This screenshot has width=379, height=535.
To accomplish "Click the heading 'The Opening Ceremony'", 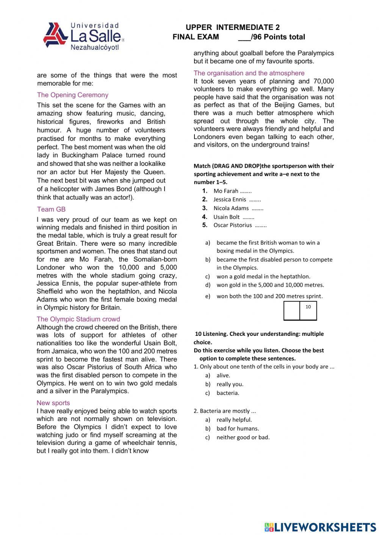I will [x=72, y=95].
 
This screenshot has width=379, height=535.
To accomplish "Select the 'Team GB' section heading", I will [x=51, y=209].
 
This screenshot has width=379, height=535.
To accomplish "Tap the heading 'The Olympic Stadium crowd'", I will [x=78, y=319].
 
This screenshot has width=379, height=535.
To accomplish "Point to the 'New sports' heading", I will [x=53, y=403].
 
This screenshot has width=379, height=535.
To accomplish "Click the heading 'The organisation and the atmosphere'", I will [x=249, y=73].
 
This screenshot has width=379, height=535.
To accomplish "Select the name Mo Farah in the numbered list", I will [x=226, y=191].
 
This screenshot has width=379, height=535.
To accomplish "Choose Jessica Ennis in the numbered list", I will [x=230, y=200].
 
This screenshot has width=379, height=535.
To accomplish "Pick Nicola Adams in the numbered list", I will [x=231, y=208].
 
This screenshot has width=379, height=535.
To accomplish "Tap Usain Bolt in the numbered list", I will [x=226, y=217].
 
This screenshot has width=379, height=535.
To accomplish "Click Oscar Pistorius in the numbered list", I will [x=232, y=225].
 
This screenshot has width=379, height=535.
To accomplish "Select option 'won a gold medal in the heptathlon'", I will [x=263, y=276].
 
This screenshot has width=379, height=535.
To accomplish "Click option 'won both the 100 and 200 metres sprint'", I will [x=269, y=296].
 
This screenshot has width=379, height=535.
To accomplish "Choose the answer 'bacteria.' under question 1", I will [x=228, y=393].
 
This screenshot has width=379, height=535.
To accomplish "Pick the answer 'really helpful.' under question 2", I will [x=234, y=420].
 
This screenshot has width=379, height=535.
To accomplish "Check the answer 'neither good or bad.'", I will [x=243, y=437].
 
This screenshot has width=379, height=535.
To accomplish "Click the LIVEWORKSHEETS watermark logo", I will [x=320, y=527].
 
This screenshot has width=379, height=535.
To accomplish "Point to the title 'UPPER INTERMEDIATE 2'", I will [x=233, y=27].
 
